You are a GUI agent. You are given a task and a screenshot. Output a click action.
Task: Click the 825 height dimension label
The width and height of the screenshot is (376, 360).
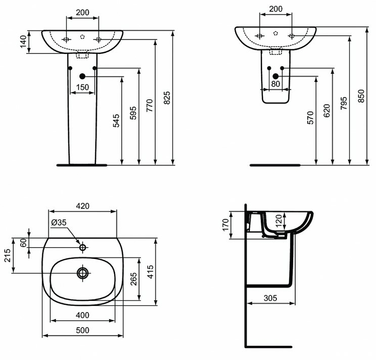tap(166, 97)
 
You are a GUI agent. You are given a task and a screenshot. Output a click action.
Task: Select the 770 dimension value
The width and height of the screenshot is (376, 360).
tap(149, 104)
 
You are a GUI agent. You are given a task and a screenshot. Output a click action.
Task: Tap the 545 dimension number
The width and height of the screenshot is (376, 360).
tap(116, 121)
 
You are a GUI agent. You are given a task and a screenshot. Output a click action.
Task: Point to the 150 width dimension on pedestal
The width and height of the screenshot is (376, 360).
tap(82, 87)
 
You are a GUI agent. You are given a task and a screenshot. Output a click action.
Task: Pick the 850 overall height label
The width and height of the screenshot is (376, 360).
tap(361, 96)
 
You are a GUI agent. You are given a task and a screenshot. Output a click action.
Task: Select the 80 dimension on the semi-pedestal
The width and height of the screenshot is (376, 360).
tap(275, 84)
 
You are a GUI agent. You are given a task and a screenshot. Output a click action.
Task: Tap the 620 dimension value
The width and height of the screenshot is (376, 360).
tap(327, 110)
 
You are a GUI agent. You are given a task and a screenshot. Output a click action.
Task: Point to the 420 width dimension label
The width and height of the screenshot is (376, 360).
tap(83, 206)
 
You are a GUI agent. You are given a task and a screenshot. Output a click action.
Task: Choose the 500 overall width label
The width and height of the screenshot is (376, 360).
tap(82, 330)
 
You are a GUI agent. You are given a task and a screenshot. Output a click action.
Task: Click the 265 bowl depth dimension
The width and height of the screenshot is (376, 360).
tap(133, 280)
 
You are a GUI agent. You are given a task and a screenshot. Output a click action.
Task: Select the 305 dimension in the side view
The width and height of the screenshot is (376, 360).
tap(270, 297)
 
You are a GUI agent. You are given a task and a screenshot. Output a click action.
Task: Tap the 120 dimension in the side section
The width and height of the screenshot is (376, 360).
tap(278, 220)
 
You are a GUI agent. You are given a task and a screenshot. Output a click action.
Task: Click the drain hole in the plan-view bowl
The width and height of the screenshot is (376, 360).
tap(83, 273)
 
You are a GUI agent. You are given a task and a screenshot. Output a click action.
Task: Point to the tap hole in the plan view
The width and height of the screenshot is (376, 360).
tap(83, 247)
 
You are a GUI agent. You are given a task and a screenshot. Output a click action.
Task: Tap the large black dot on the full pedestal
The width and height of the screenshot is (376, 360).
tap(82, 76)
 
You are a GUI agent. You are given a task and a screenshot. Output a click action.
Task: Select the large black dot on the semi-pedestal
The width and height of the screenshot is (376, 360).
tap(275, 76)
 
